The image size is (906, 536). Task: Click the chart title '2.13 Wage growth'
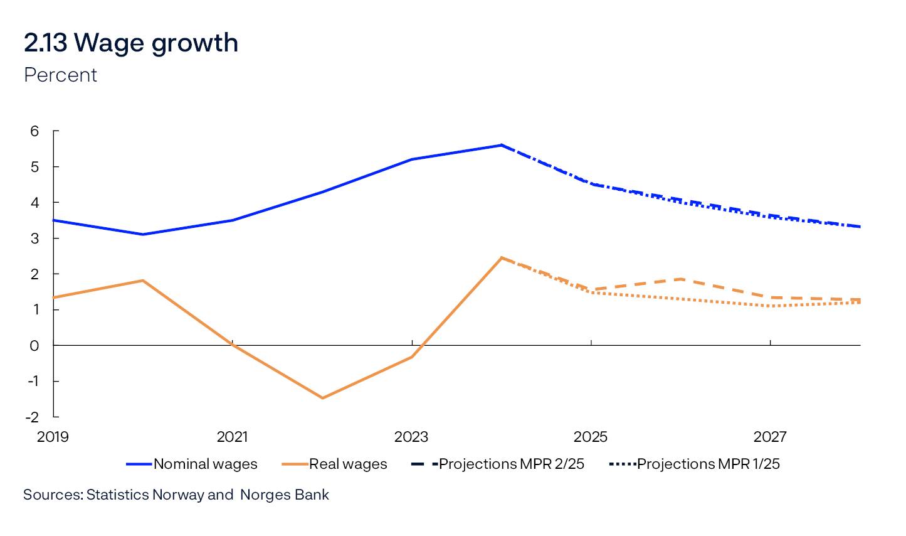pyautogui.click(x=131, y=43)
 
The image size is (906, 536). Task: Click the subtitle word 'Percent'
pyautogui.click(x=60, y=75)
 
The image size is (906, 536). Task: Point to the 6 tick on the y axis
pyautogui.click(x=34, y=131)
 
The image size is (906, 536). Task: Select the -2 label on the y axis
pyautogui.click(x=32, y=417)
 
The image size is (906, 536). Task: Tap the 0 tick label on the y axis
pyautogui.click(x=34, y=345)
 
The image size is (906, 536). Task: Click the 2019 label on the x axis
pyautogui.click(x=53, y=437)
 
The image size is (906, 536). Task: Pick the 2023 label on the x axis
pyautogui.click(x=411, y=437)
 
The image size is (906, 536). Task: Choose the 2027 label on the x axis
pyautogui.click(x=770, y=437)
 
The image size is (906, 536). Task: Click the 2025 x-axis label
pyautogui.click(x=591, y=437)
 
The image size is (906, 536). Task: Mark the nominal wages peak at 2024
pyautogui.click(x=502, y=145)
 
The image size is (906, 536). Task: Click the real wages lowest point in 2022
pyautogui.click(x=322, y=398)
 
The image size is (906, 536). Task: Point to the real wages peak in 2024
pyautogui.click(x=502, y=257)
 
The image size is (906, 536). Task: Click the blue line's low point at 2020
pyautogui.click(x=143, y=234)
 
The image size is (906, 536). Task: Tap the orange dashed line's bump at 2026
pyautogui.click(x=681, y=279)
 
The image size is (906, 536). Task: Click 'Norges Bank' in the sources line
pyautogui.click(x=285, y=495)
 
